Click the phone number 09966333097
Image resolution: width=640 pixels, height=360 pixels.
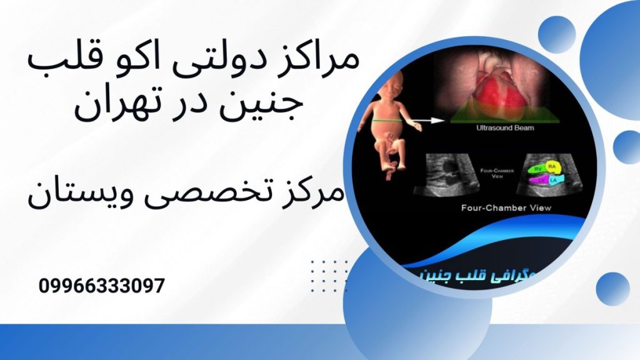click(102, 286)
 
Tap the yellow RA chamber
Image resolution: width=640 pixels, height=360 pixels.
click(551, 166)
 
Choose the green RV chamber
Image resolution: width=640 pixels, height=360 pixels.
click(536, 169)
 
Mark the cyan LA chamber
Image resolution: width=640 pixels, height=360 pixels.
click(554, 179)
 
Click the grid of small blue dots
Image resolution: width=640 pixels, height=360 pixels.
click(329, 274)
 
